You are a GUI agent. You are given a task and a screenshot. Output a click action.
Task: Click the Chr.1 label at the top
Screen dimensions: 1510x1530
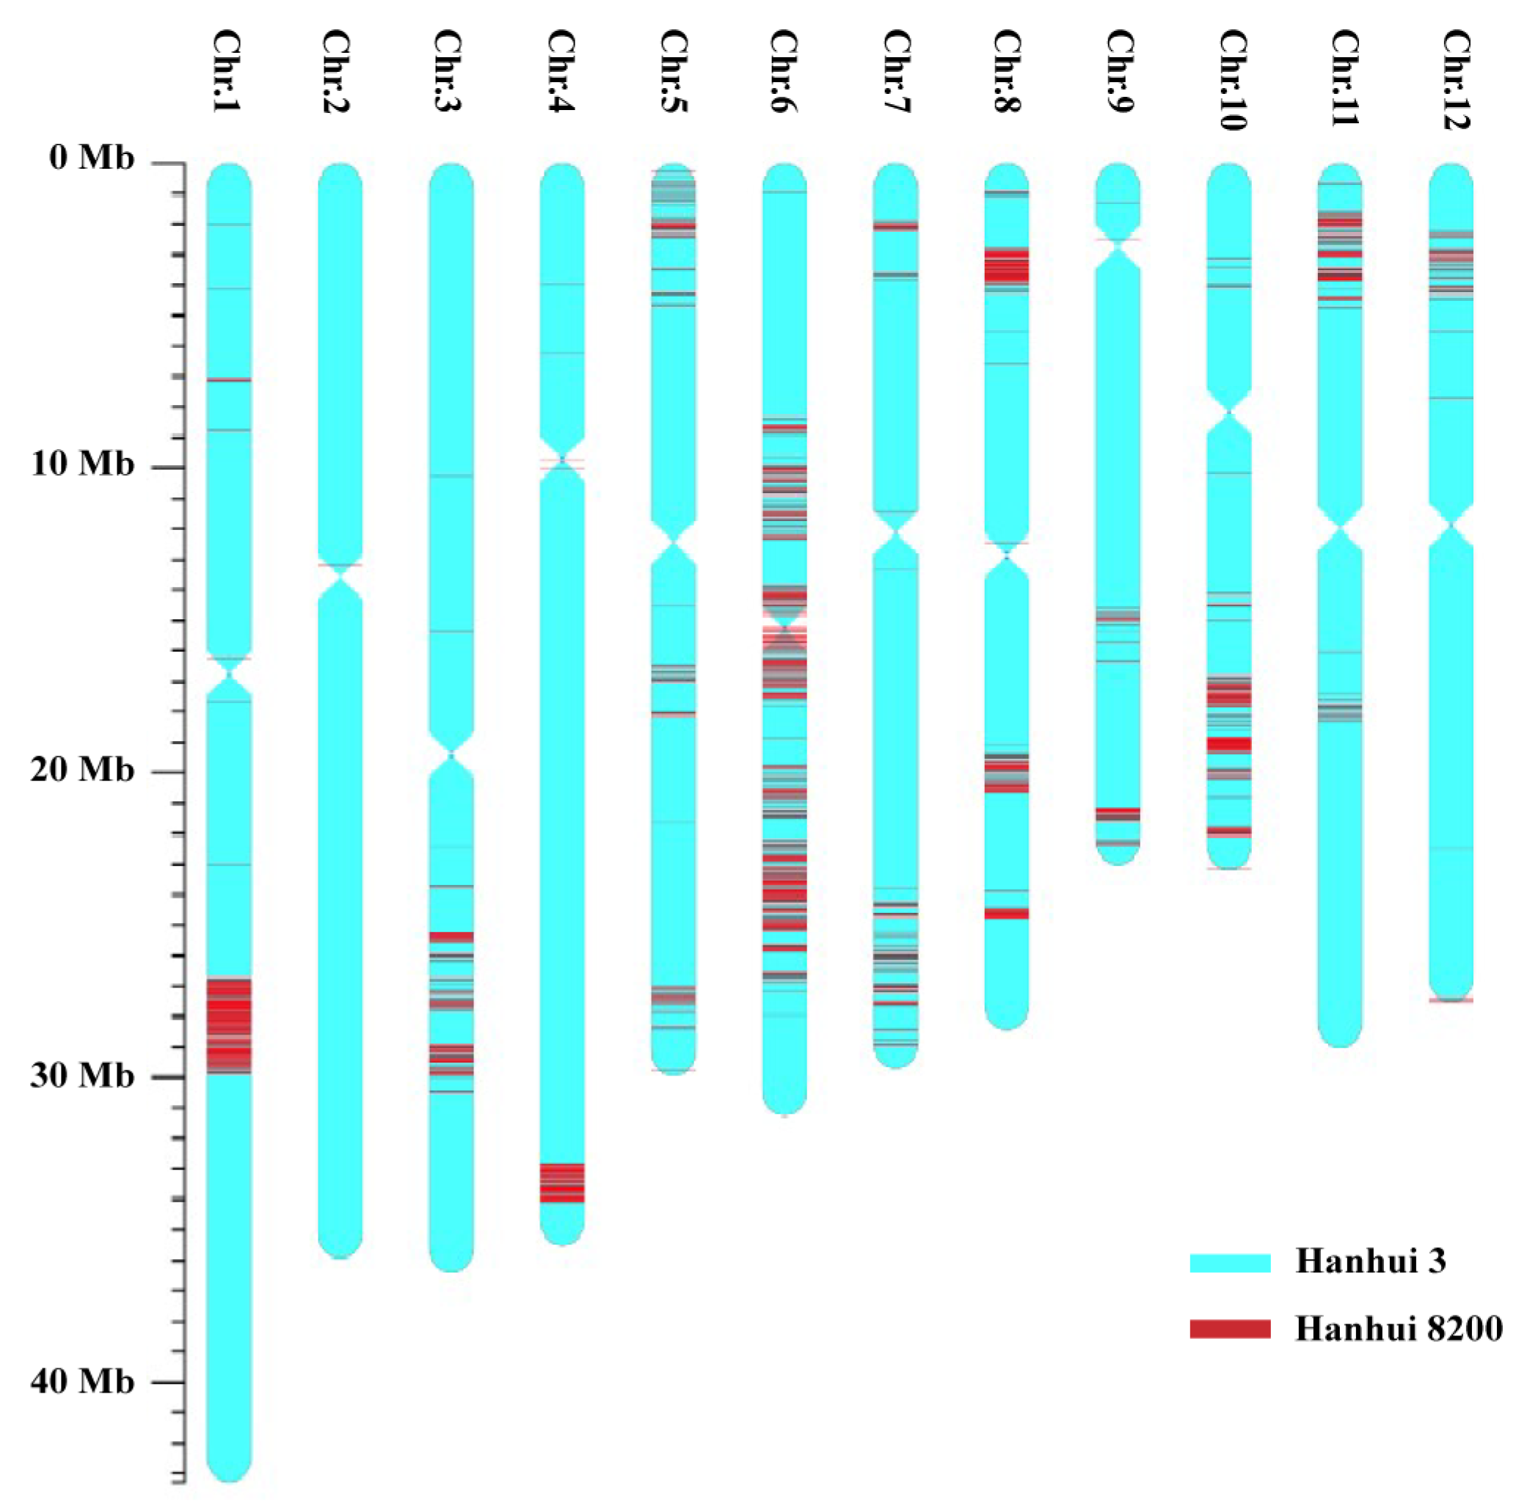coord(228,71)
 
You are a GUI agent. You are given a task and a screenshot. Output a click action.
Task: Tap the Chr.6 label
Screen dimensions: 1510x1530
coord(784,71)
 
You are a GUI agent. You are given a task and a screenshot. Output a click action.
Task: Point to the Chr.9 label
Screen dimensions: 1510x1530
coord(1118,71)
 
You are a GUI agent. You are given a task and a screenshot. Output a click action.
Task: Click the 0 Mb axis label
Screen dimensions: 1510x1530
coord(92,158)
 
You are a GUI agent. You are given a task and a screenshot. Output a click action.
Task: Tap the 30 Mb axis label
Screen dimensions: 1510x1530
coord(83,1076)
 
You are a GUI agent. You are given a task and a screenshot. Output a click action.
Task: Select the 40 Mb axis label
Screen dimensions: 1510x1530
coord(83,1382)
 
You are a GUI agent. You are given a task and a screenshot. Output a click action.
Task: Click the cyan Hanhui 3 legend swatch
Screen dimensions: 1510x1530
coord(1230,1263)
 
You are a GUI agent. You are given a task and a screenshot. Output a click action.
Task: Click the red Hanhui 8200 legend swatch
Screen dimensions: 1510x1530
coord(1230,1330)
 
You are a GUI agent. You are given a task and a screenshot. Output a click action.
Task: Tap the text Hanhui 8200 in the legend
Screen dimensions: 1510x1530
coord(1399,1329)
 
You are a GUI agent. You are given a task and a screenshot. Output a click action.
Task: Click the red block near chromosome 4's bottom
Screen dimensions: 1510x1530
coord(562,1183)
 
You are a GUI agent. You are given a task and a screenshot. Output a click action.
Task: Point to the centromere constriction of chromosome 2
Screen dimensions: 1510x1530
coord(340,577)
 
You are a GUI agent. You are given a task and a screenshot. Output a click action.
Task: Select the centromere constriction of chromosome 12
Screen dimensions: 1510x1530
coord(1451,524)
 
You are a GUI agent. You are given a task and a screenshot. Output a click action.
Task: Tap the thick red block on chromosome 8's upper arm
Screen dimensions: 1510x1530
coord(1007,267)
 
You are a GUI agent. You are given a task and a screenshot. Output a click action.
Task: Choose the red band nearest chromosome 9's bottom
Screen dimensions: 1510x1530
coord(1118,814)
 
